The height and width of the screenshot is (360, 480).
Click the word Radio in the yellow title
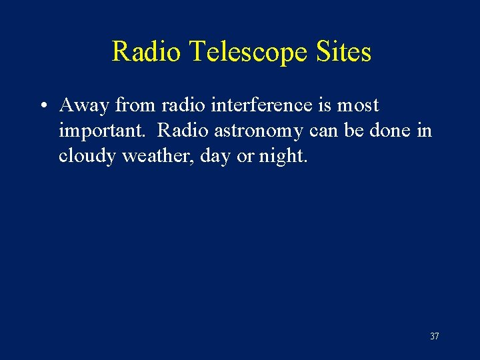[145, 51]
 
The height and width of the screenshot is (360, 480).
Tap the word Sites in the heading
[344, 51]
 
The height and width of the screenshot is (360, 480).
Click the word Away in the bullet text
[84, 105]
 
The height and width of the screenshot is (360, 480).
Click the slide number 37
[434, 336]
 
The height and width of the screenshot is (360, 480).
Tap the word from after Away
[136, 105]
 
